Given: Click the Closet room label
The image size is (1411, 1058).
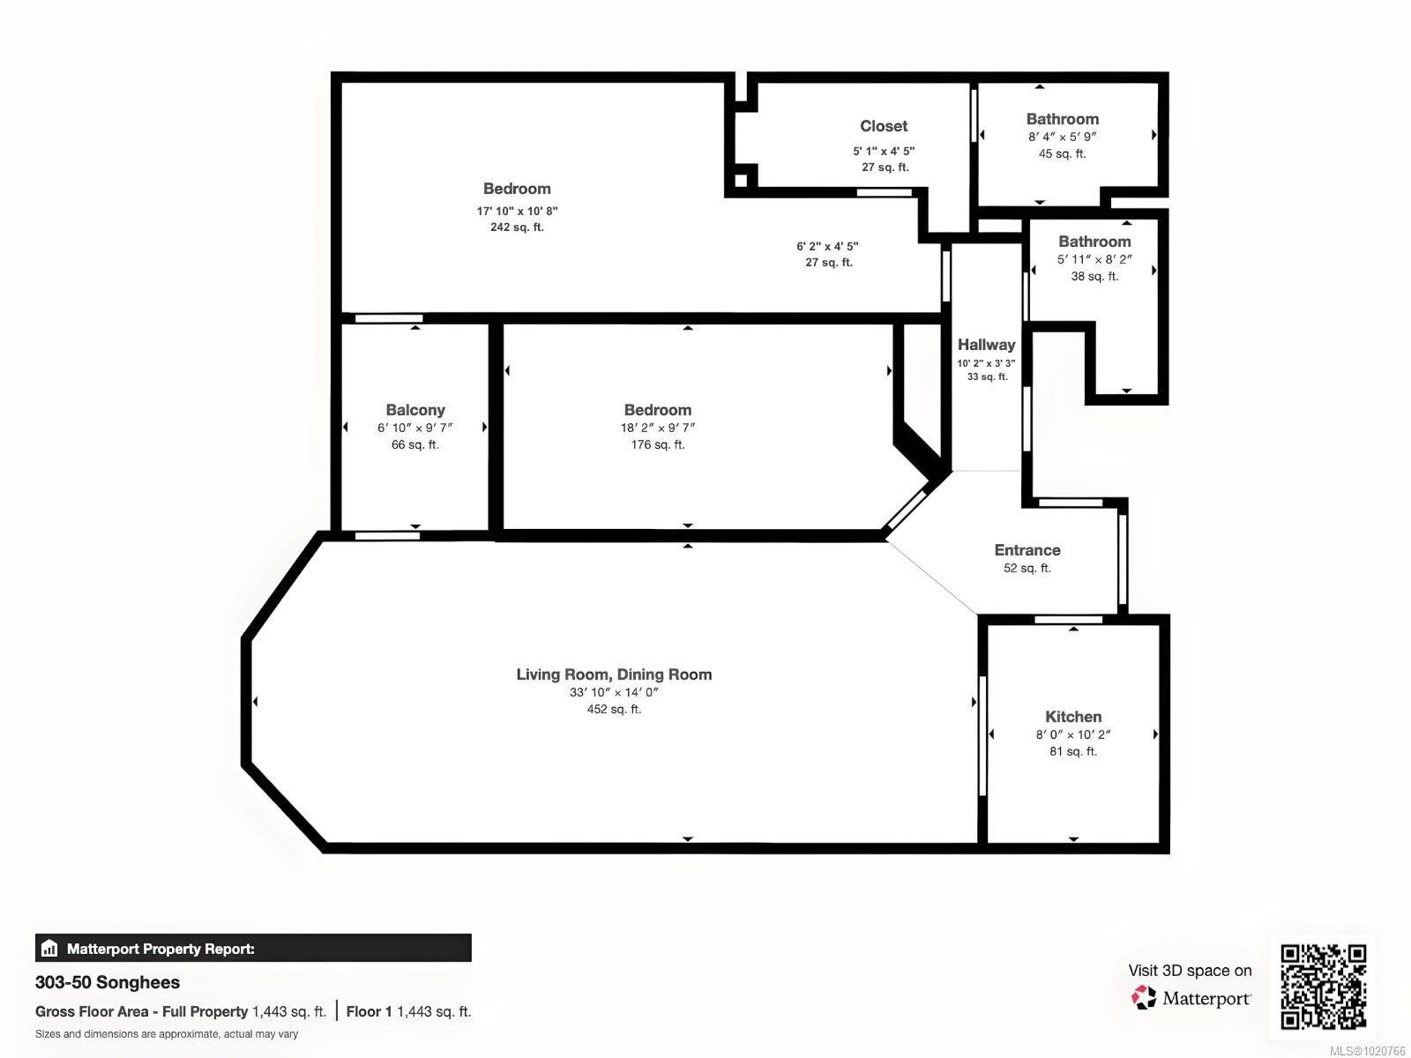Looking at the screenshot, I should tap(884, 126).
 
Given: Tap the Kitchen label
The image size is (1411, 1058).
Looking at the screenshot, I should tap(1073, 717).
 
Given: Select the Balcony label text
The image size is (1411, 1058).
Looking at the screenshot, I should tap(415, 410).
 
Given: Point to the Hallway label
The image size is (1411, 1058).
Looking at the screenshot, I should tap(986, 345).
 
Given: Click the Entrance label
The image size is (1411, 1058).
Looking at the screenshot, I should tap(1027, 550).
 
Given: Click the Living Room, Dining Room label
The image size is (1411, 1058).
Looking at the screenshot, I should tap(614, 674).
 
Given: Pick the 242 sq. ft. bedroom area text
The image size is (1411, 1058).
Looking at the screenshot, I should tap(517, 227).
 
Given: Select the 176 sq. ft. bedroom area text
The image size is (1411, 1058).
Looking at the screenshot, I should tap(658, 445).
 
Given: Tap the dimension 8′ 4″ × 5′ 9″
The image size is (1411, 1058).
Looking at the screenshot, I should tap(1062, 137).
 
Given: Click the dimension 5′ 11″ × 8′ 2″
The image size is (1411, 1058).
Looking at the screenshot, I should tap(1094, 259).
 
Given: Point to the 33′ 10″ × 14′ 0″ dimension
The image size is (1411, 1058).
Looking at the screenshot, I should tap(614, 692).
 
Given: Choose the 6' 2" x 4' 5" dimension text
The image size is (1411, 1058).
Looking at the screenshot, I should tap(827, 247).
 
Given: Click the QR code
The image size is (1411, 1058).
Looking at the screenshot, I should tap(1323, 986).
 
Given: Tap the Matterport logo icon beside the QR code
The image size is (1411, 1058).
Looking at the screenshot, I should tap(1144, 998).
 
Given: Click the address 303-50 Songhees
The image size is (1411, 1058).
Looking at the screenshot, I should tap(108, 982).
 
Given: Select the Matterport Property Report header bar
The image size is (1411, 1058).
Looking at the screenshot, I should tap(253, 949).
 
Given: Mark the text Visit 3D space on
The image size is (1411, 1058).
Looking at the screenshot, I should tap(1190, 971).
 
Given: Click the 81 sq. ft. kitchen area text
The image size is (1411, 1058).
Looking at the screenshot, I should tap(1073, 752).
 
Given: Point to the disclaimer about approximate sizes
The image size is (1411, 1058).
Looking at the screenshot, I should tap(167, 1034).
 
